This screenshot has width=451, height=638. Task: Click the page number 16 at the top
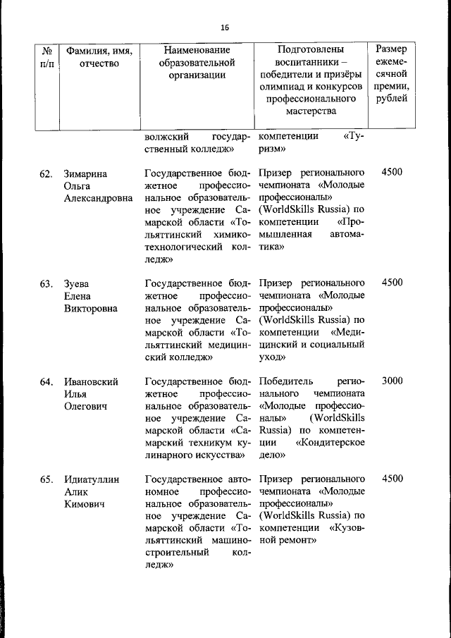(225, 27)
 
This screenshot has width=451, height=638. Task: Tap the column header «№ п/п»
(47, 57)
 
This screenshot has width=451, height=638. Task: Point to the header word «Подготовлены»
(311, 51)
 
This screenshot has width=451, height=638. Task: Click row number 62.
(46, 173)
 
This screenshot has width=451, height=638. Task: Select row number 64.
(46, 381)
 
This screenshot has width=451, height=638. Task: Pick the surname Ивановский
(90, 381)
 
